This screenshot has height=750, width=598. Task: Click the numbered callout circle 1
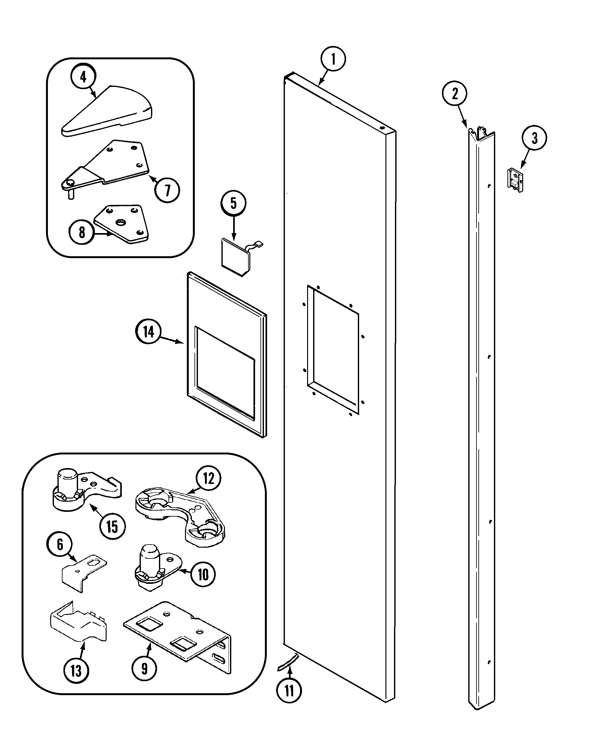coord(333,59)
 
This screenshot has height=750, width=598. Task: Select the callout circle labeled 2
coord(455,93)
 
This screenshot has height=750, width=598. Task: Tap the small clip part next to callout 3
coord(515,180)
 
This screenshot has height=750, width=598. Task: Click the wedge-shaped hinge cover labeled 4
coord(108,111)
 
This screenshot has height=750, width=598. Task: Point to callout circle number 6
coord(60,545)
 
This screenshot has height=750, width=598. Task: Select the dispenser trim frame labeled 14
coord(227,355)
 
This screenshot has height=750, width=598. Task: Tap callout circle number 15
coord(112,527)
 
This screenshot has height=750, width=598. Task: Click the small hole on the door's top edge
coord(382,128)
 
